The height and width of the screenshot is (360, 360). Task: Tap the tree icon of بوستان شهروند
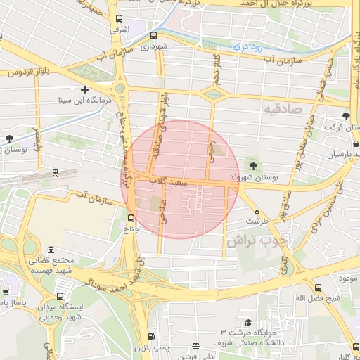[253, 166]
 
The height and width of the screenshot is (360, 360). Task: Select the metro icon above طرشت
[257, 209]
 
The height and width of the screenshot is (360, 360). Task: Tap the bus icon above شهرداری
[153, 35]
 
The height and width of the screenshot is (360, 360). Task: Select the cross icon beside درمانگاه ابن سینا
[85, 89]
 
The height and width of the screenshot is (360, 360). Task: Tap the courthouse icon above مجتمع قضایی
[51, 250]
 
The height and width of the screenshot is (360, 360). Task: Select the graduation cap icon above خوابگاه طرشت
[248, 322]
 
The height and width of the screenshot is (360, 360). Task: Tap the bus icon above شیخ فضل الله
[318, 288]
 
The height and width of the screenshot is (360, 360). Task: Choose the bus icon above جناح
[131, 217]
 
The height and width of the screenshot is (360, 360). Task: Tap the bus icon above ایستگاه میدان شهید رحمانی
[60, 296]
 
